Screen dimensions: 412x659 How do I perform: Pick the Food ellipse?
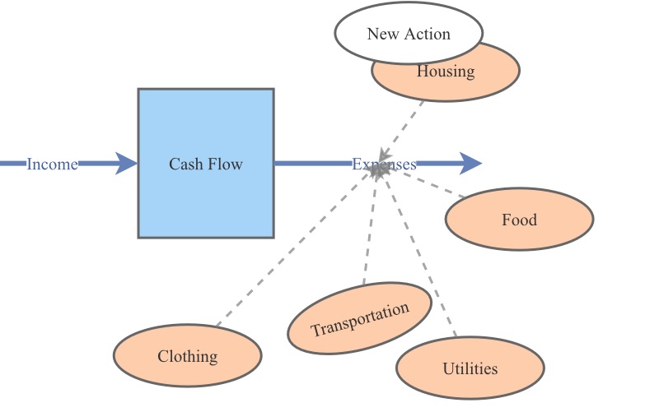click(519, 220)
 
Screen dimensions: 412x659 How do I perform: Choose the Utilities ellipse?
click(470, 368)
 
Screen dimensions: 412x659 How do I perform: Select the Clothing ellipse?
click(187, 356)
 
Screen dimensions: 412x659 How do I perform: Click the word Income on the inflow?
click(52, 164)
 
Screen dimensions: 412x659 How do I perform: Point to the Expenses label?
click(384, 164)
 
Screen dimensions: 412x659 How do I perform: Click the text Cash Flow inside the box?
click(206, 164)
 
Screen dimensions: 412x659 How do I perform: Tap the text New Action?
click(409, 34)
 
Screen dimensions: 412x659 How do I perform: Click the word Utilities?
click(470, 368)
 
